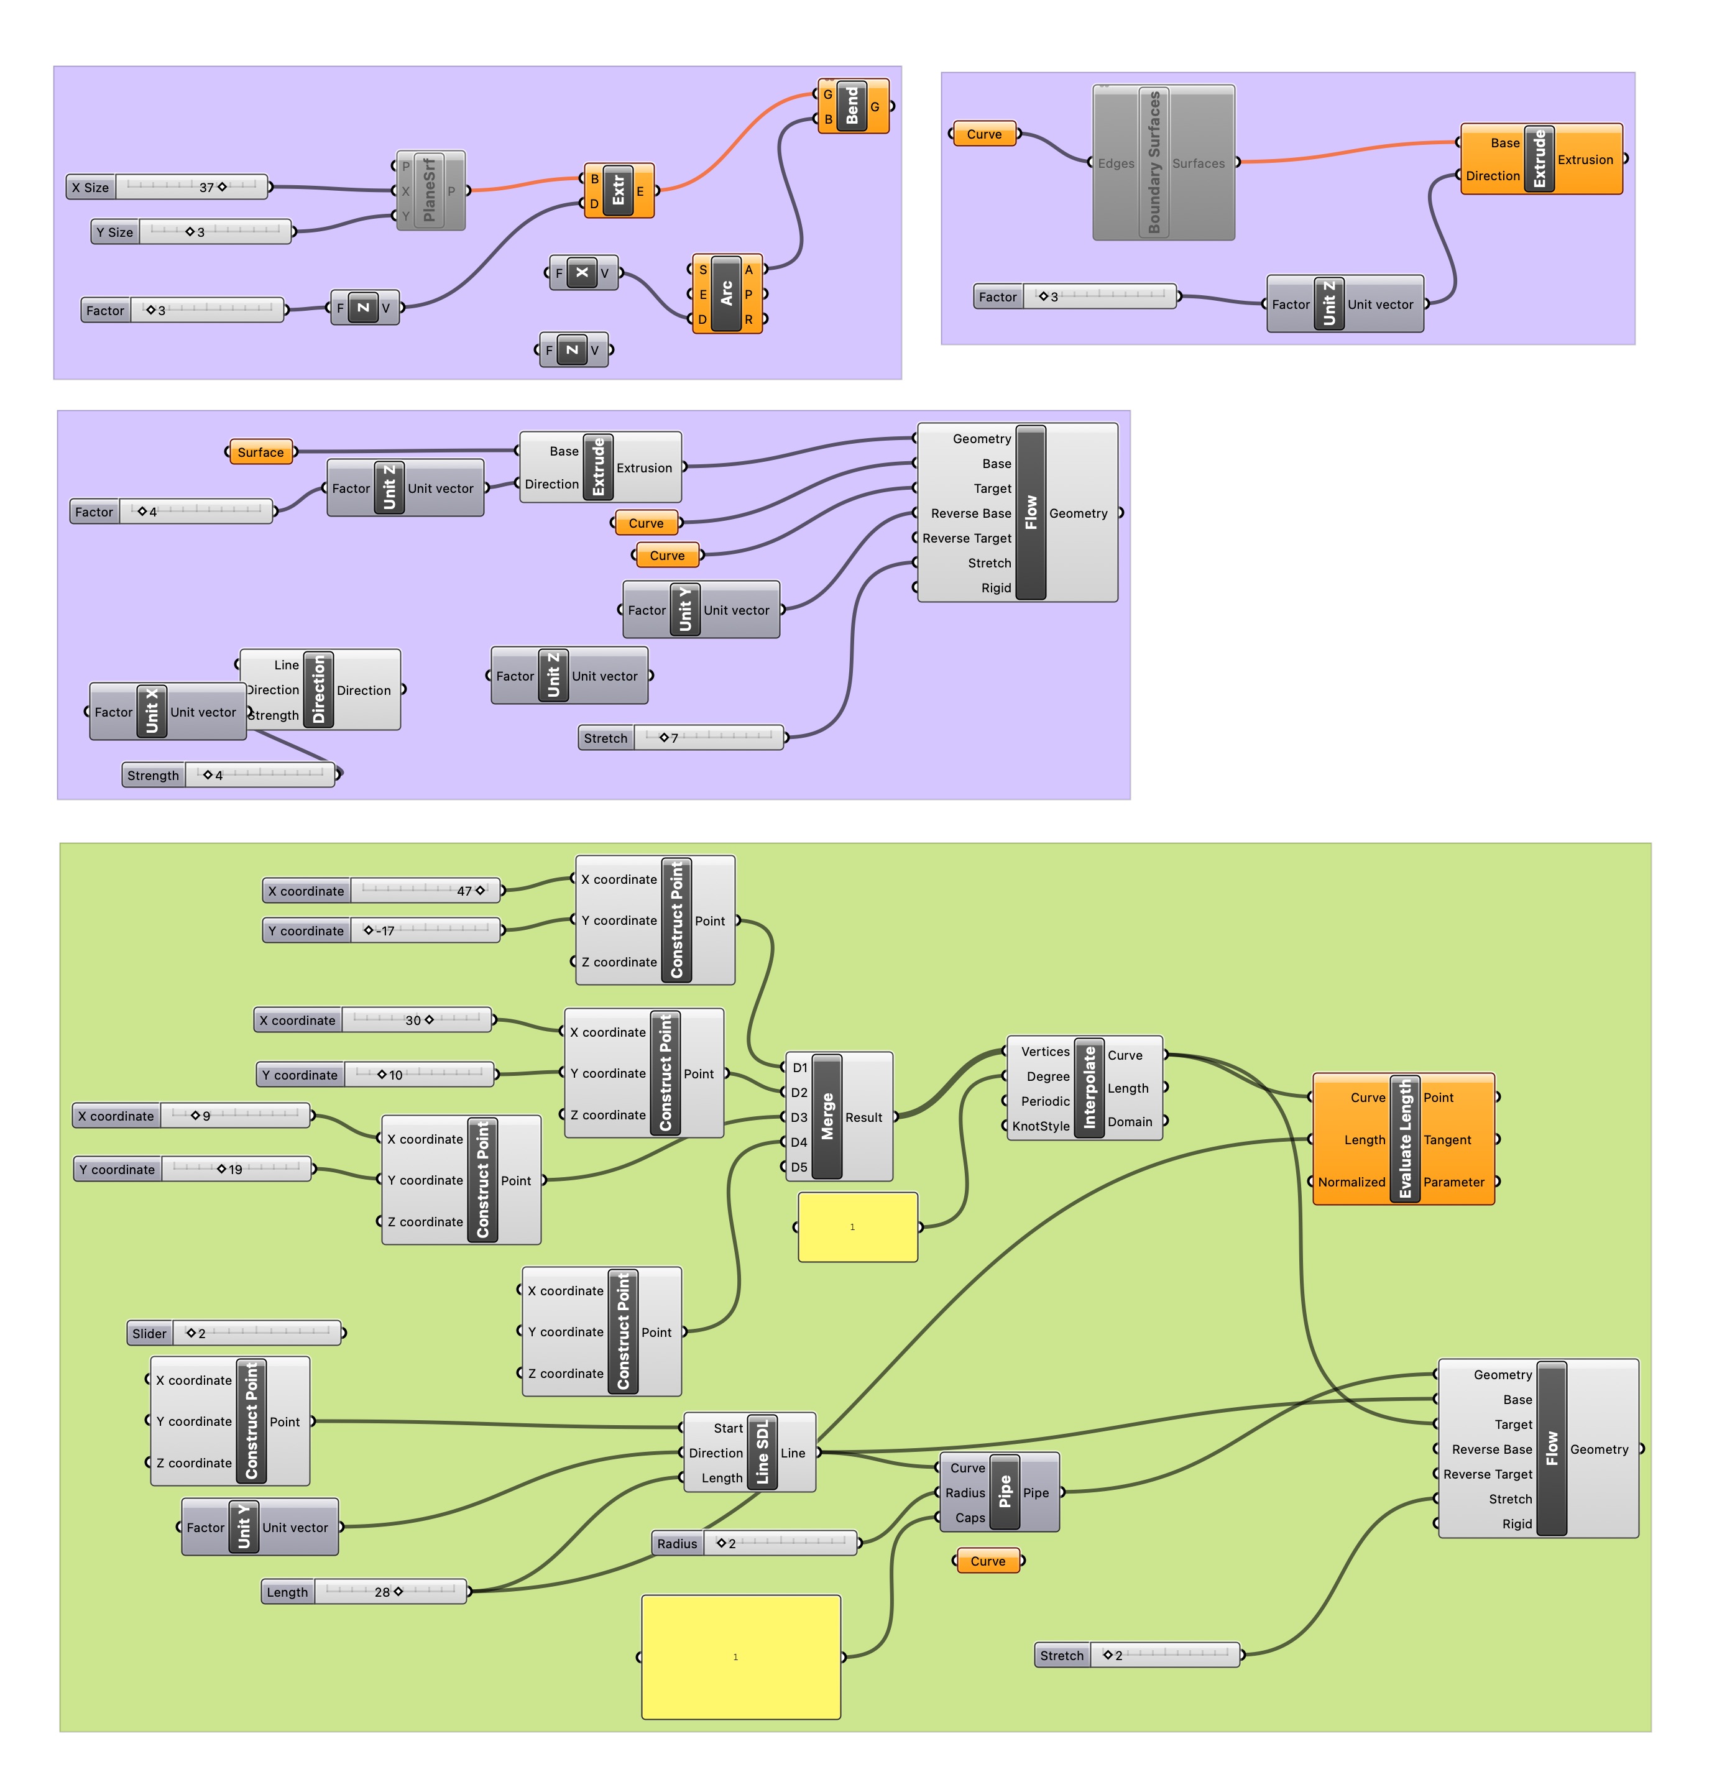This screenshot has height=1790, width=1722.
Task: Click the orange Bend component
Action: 852,106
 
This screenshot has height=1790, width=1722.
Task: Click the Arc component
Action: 725,293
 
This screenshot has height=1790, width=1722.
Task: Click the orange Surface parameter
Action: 260,452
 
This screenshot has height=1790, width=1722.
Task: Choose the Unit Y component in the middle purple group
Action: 685,609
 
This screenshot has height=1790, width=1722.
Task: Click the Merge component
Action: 827,1116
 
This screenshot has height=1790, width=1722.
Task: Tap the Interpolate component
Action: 1088,1087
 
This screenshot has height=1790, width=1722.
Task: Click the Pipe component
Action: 1004,1492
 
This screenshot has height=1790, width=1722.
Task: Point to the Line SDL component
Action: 762,1452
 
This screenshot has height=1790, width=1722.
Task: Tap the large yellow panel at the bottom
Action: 740,1656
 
